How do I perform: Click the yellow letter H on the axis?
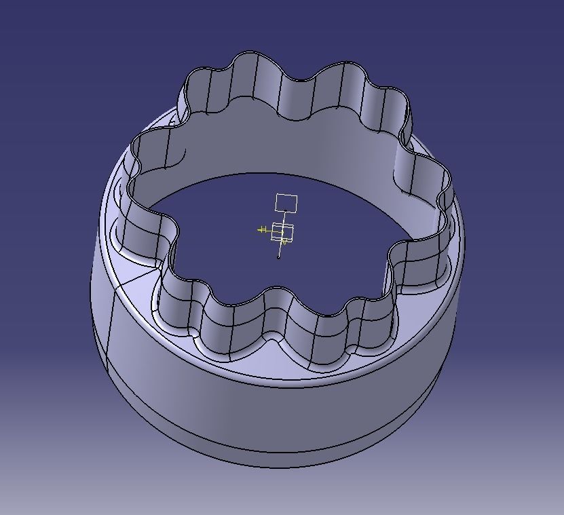click(x=262, y=230)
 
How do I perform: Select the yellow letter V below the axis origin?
click(x=284, y=241)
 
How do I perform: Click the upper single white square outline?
click(x=286, y=203)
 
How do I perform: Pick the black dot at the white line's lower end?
click(x=279, y=257)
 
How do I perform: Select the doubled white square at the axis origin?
click(x=282, y=231)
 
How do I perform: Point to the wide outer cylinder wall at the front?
click(x=271, y=414)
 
